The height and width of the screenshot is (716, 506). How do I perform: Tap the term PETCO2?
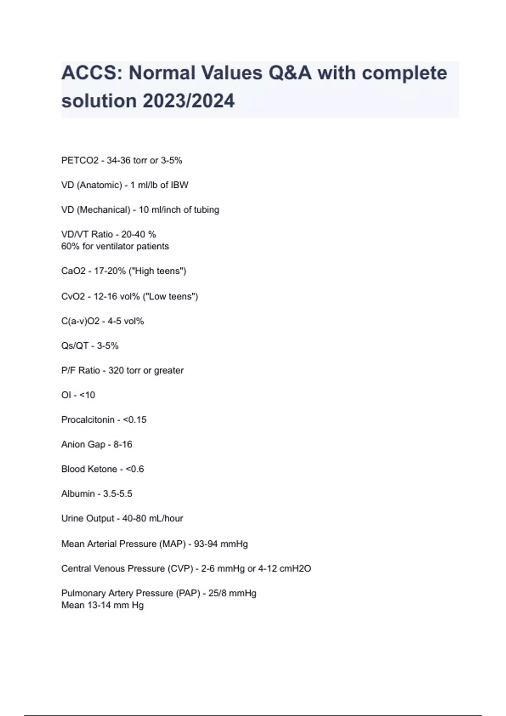pos(80,160)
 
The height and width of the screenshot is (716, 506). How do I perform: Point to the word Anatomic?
pos(100,185)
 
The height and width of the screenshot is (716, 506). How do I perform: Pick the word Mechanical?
pos(104,210)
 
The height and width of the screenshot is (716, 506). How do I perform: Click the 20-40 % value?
pos(138,234)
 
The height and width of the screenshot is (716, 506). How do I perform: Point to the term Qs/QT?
pos(75,346)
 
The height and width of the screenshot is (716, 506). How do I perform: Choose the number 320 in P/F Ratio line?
pos(116,371)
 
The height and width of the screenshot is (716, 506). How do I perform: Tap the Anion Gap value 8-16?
pos(123,444)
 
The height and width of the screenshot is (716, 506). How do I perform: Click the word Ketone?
pos(103,469)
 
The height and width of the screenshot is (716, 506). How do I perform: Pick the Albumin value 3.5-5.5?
pos(118,494)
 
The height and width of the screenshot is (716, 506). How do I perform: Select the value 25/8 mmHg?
pos(232,593)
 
